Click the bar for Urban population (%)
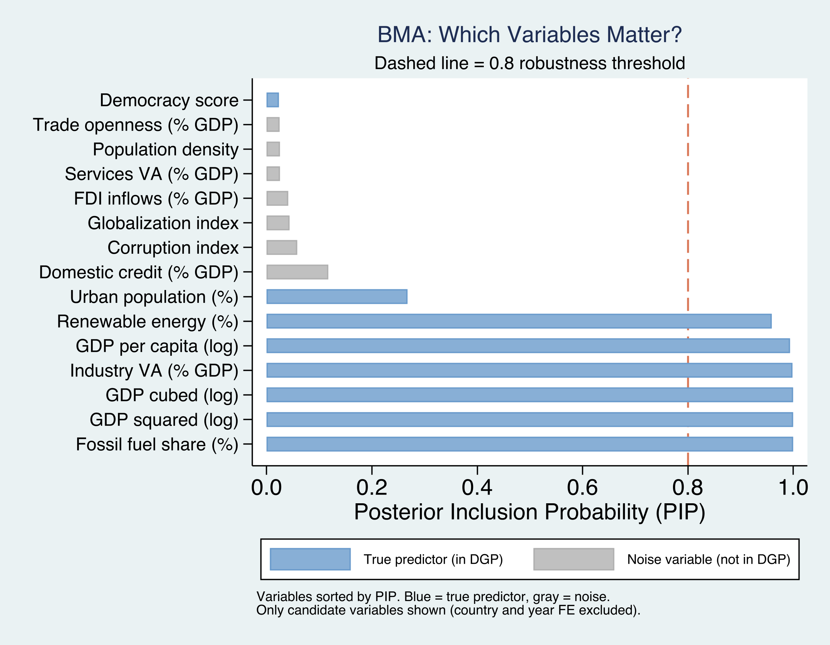pos(337,297)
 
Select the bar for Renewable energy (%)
pos(519,321)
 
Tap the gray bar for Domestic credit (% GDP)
pos(297,272)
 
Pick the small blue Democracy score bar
pos(273,100)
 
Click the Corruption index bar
pos(282,247)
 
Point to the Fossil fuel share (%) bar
pos(529,444)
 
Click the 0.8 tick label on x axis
pos(688,488)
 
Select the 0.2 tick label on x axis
pos(372,488)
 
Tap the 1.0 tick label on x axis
pos(793,488)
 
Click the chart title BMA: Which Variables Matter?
pos(529,35)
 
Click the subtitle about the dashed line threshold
pos(529,63)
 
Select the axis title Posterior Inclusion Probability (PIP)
pos(529,512)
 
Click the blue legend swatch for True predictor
pos(310,559)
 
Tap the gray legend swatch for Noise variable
pos(573,559)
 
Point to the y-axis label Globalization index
pos(163,223)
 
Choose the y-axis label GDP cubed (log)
pos(172,395)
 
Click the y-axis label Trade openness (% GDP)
pos(136,124)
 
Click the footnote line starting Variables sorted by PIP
pos(433,597)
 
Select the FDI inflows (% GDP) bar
pos(277,198)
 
